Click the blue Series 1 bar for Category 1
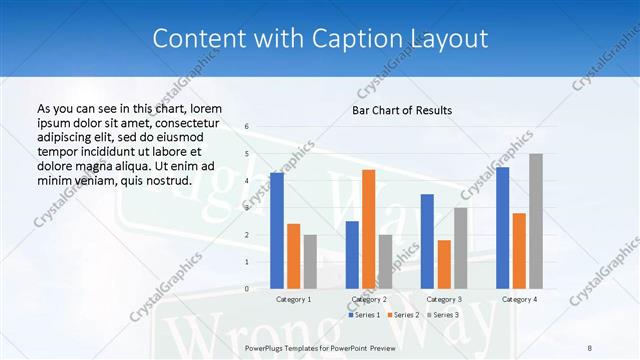click(277, 230)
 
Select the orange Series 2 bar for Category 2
click(368, 229)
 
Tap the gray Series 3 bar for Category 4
click(536, 221)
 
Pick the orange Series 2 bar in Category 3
click(444, 264)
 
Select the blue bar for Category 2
click(352, 255)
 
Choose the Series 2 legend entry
click(404, 315)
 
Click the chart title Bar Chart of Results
click(402, 110)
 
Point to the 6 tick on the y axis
click(247, 127)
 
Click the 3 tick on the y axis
click(247, 208)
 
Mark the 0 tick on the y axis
click(247, 289)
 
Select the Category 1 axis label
click(293, 299)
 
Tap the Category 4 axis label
click(518, 299)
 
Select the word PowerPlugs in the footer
click(265, 346)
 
